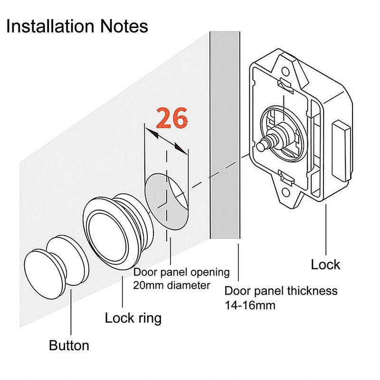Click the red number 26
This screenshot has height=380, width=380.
point(172,118)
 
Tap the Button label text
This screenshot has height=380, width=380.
point(69,345)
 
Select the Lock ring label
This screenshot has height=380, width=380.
point(133,317)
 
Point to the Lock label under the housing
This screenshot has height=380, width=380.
point(325,264)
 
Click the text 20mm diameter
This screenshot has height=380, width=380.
point(171,285)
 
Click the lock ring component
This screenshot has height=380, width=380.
point(114,233)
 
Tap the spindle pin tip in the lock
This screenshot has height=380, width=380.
point(260,147)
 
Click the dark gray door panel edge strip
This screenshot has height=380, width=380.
point(224,142)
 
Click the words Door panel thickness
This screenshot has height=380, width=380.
point(281,291)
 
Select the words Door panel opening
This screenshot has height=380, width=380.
point(181,273)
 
